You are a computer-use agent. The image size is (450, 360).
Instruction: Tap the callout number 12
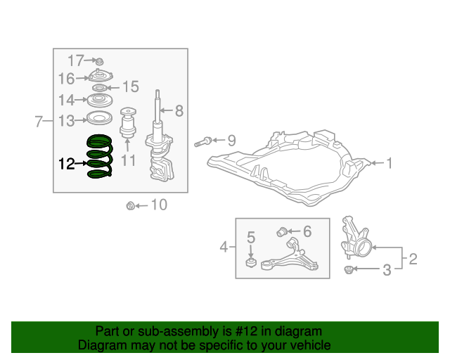[x=67, y=164]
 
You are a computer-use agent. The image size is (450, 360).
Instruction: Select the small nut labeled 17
[x=99, y=62]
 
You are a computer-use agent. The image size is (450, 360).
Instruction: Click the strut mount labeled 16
[x=101, y=75]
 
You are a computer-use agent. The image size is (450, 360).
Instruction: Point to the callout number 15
[x=131, y=86]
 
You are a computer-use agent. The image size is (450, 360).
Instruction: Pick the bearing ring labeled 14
[x=100, y=100]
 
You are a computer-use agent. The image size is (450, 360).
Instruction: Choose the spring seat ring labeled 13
[x=99, y=118]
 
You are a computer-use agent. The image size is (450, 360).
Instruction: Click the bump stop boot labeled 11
[x=128, y=122]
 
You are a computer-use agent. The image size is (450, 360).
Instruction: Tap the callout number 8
[x=179, y=110]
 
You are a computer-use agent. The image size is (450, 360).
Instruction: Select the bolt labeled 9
[x=203, y=142]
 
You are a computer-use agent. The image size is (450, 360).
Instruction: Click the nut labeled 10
[x=131, y=206]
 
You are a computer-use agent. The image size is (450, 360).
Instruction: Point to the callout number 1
[x=389, y=163]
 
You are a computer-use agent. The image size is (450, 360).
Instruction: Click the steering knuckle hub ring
[x=363, y=248]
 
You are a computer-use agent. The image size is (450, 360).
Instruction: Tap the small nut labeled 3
[x=349, y=270]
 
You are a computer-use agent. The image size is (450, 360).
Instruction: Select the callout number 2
[x=413, y=259]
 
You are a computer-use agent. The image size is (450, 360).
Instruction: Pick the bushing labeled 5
[x=251, y=262]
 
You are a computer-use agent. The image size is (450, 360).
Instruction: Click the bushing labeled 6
[x=282, y=232]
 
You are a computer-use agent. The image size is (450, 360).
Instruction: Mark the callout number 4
[x=224, y=247]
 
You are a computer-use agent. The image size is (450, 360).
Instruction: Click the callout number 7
[x=39, y=121]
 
